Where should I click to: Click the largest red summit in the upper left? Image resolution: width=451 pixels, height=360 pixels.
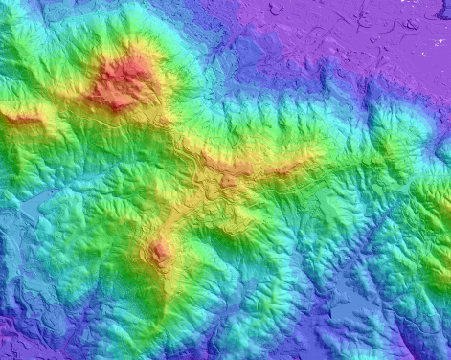(x=123, y=81)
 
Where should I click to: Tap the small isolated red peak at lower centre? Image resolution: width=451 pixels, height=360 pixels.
(x=160, y=252)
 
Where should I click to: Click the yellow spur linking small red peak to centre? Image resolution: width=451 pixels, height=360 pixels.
(x=187, y=211)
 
